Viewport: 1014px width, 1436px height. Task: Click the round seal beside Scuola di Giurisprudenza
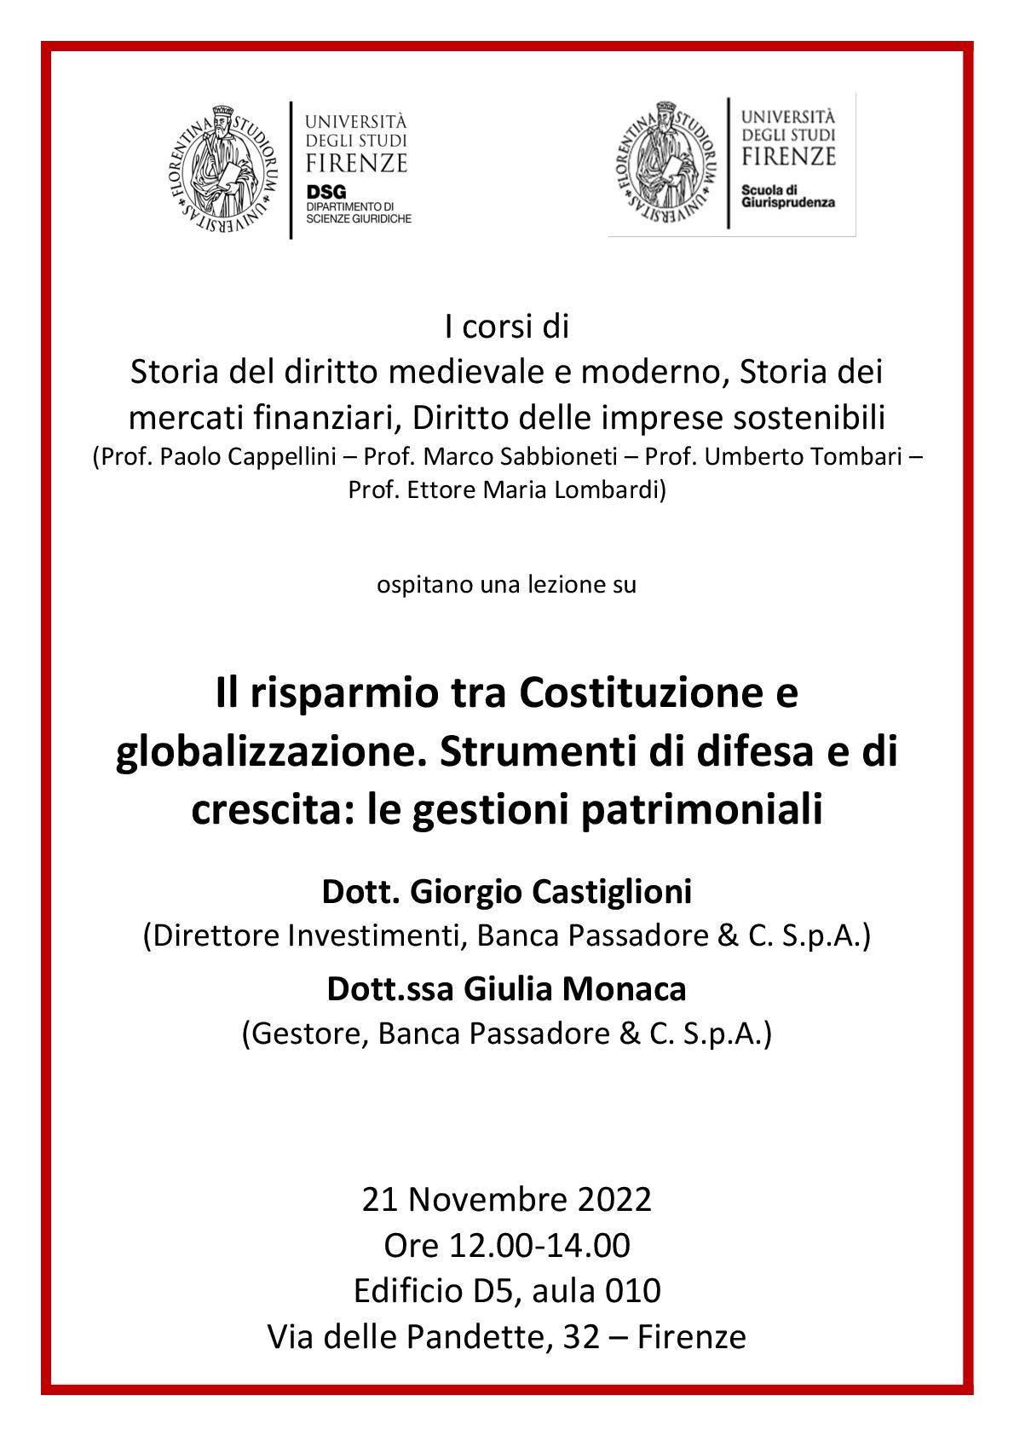click(661, 164)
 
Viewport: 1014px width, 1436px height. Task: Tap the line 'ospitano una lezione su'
click(506, 586)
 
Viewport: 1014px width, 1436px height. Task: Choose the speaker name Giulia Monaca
click(575, 990)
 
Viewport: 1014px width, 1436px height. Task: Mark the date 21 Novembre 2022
click(506, 1200)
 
